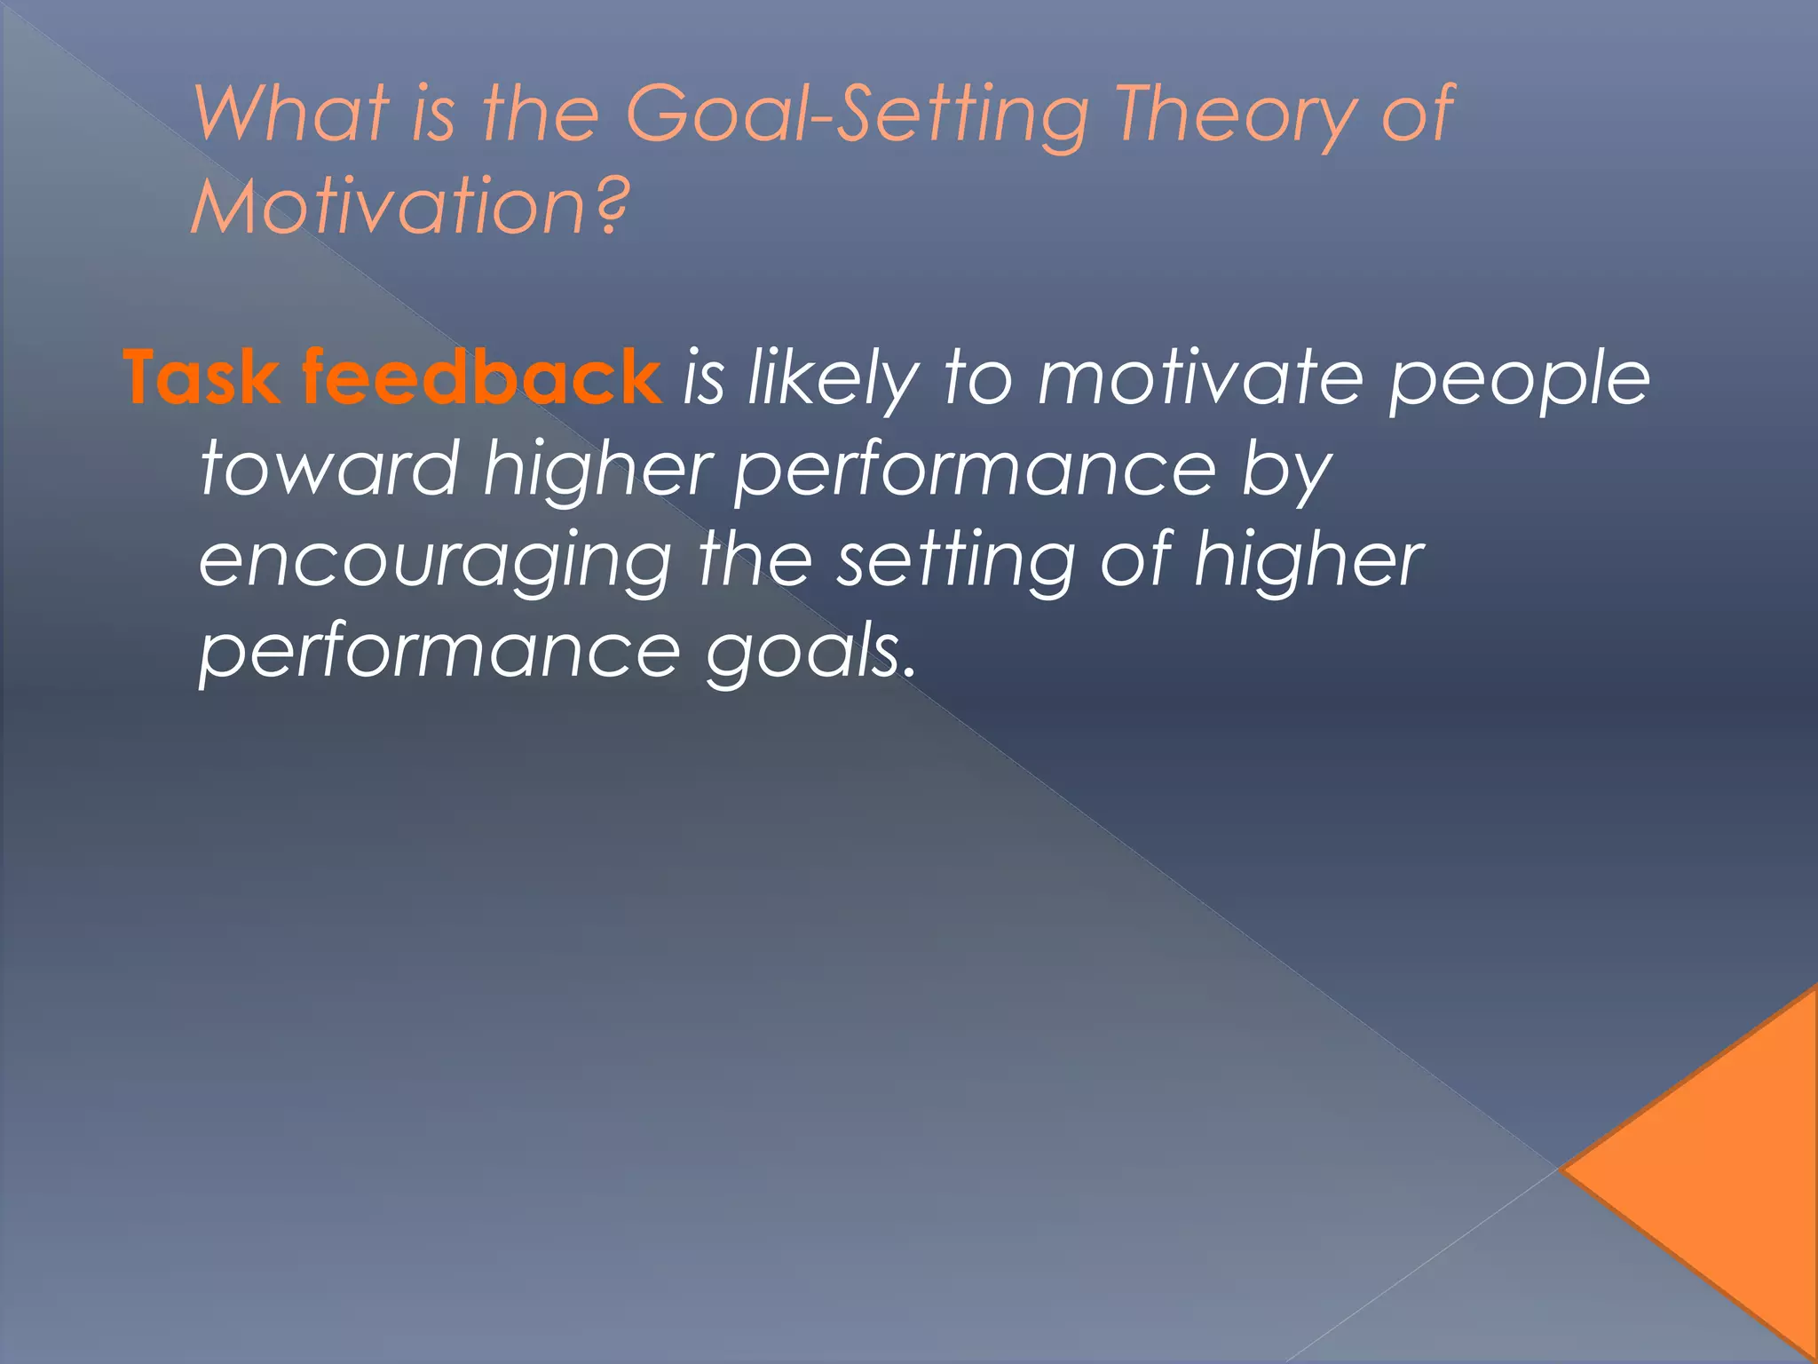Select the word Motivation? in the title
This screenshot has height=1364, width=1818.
pyautogui.click(x=408, y=207)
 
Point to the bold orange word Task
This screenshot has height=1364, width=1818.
pyautogui.click(x=201, y=377)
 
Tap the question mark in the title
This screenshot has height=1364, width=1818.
pyautogui.click(x=611, y=206)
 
